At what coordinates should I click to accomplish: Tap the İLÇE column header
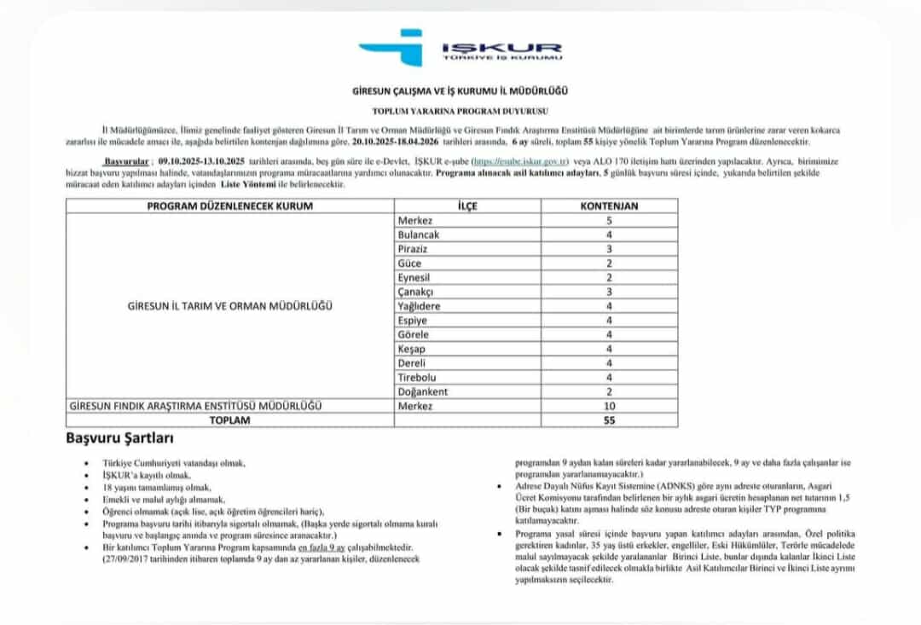pos(468,206)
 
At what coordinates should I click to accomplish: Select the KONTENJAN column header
pos(609,206)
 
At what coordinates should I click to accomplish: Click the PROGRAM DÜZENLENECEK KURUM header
pos(230,206)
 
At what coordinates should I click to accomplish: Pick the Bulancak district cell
pos(418,234)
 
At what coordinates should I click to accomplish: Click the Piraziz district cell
pos(413,249)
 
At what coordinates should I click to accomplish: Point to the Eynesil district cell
pos(414,277)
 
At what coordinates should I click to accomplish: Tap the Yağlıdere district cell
pos(418,305)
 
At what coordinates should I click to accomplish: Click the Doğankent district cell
pos(421,391)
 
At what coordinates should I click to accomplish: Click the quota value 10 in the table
pos(609,406)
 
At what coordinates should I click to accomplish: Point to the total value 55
pos(609,420)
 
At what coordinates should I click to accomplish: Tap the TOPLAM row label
pos(230,420)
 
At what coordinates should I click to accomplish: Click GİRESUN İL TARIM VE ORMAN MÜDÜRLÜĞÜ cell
pos(230,305)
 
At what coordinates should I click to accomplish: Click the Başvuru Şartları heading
pos(120,439)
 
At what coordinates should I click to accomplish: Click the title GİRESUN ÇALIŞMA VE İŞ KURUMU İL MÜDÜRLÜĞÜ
pos(460,90)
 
